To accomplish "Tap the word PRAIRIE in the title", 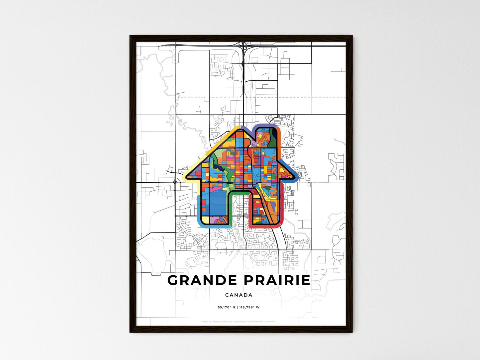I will [x=277, y=280].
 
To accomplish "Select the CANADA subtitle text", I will [x=239, y=295].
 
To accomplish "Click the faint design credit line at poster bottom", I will [x=239, y=321].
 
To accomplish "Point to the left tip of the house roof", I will [x=187, y=175].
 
